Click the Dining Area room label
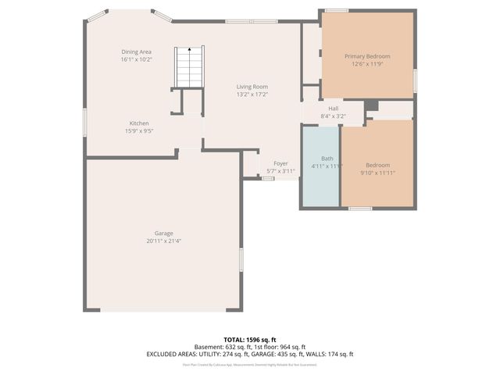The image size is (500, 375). coord(136,52)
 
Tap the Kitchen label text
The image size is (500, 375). coord(139,123)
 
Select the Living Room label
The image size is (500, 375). coord(252,87)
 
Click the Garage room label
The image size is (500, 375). coord(163,234)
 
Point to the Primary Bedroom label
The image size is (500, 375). coord(367,56)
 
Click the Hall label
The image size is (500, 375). coord(334,109)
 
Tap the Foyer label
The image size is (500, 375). coord(280,163)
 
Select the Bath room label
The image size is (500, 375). coord(327,159)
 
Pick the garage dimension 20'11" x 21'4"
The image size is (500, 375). coord(163,241)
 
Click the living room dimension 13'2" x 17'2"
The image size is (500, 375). coord(252,95)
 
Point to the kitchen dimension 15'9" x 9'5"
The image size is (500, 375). coord(139,131)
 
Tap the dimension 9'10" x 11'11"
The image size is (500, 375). coord(378,173)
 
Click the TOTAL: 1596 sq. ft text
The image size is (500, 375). coord(250,339)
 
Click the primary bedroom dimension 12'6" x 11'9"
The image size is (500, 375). coord(367,64)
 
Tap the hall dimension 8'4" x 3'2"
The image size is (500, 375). coord(334,116)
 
